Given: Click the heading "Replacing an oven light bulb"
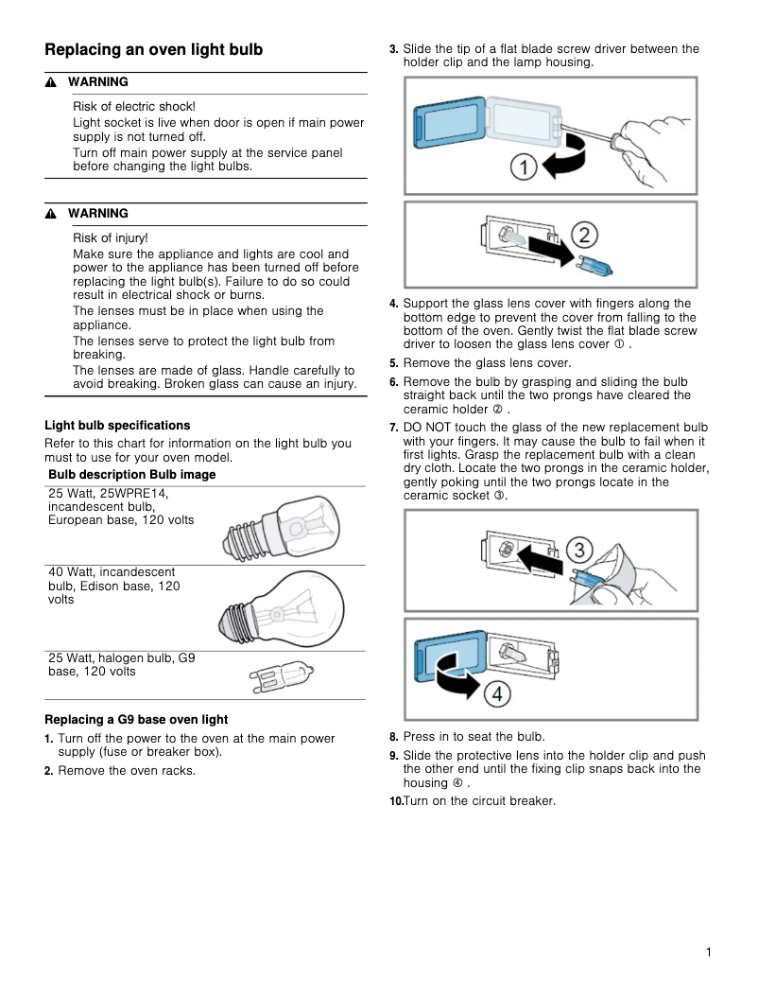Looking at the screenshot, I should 153,49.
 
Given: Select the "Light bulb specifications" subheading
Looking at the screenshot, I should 117,426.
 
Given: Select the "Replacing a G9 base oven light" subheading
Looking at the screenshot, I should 136,720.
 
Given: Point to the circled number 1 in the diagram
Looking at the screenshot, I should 525,168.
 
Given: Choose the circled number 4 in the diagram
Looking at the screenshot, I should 498,692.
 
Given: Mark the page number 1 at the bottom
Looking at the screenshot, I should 708,953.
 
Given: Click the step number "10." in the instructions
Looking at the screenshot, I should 396,802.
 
